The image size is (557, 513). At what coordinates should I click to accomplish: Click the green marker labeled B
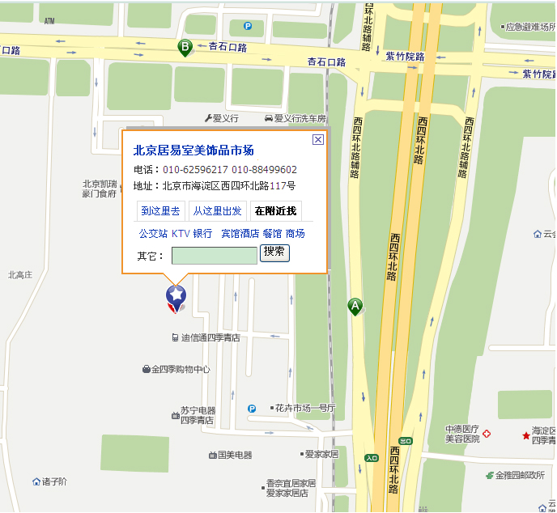coord(185,48)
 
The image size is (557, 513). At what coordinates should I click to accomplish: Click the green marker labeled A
coord(355,306)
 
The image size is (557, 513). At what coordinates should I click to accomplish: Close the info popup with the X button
coord(318,139)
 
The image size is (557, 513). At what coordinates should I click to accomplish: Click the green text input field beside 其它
coord(214,256)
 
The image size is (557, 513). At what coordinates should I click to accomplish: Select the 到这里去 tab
coord(160,211)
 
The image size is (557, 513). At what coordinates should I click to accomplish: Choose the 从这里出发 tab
coord(217,211)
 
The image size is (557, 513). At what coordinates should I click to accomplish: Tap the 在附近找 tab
coord(275,211)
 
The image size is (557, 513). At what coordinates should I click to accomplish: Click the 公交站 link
coord(152,234)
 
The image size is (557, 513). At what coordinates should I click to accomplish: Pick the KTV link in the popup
coord(180,234)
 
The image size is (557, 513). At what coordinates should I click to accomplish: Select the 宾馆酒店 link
coord(240,234)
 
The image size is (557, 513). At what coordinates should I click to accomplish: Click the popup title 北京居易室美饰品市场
coord(193,150)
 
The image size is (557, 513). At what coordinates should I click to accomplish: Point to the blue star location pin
coord(176,297)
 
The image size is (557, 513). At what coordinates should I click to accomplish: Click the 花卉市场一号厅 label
coord(304,408)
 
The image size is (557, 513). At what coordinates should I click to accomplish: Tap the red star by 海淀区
coord(525,435)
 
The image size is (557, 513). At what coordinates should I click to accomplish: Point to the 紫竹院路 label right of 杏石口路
coord(405,57)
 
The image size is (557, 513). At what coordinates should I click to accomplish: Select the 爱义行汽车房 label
coord(299,118)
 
